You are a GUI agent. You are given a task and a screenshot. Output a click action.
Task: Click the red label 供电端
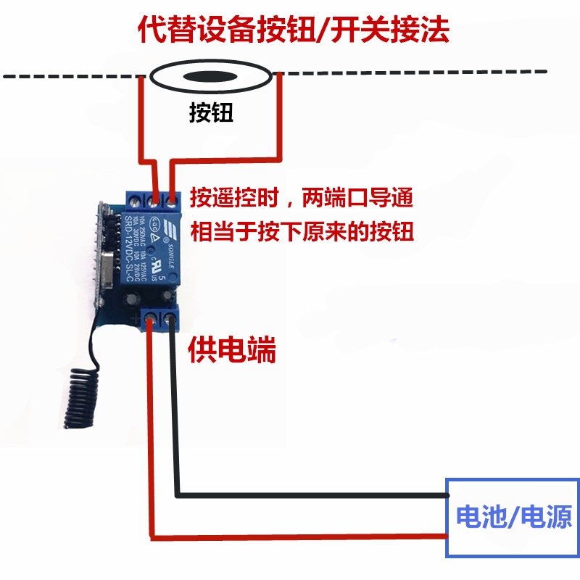coord(232,352)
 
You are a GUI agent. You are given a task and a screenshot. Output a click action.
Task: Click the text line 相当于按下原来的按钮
coord(302,232)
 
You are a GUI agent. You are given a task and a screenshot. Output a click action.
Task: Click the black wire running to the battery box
coord(312,496)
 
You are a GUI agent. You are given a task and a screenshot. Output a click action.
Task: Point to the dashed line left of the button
coord(72,75)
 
